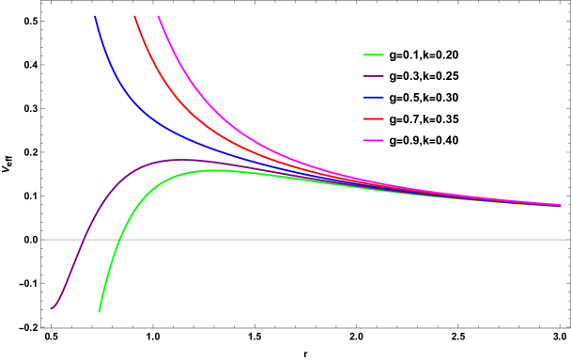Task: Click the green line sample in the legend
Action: click(x=374, y=55)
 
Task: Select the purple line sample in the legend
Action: click(x=374, y=76)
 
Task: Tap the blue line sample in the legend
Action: click(x=374, y=97)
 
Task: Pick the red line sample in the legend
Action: click(x=374, y=118)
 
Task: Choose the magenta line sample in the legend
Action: click(x=374, y=140)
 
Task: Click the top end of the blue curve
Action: click(x=95, y=16)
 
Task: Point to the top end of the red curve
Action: click(x=135, y=16)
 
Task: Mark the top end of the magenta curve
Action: click(x=159, y=16)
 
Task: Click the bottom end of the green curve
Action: click(x=99, y=311)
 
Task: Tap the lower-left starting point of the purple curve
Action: click(x=52, y=308)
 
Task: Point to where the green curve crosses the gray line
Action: click(x=117, y=240)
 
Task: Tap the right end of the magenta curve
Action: click(x=561, y=205)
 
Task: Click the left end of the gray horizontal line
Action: click(x=41, y=240)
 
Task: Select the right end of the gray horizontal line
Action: click(x=569, y=240)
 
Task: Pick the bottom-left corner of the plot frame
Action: click(x=41, y=327)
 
